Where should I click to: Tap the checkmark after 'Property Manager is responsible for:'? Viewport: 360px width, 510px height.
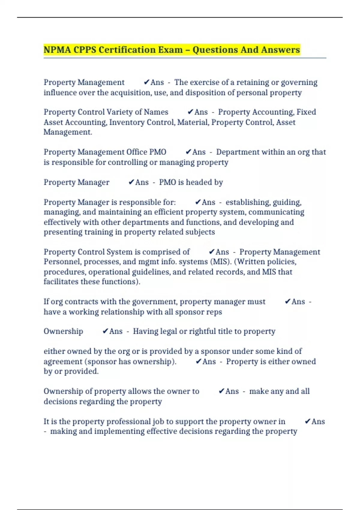tap(197, 202)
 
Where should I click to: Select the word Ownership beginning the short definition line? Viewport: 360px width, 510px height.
tap(63, 331)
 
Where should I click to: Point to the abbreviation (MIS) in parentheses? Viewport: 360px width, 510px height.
tap(222, 262)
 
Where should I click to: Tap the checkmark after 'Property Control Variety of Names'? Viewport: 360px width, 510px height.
tap(190, 112)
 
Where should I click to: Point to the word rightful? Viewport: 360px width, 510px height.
tap(203, 331)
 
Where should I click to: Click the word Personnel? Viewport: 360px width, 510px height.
tap(62, 262)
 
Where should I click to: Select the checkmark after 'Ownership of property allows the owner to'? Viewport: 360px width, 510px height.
tap(221, 391)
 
